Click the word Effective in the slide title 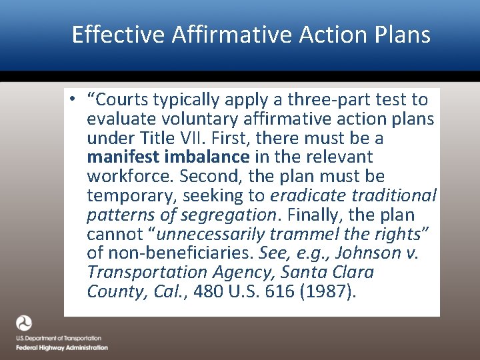pos(117,34)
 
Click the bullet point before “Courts pos(78,100)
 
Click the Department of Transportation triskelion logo pos(24,324)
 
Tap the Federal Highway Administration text pos(62,347)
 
